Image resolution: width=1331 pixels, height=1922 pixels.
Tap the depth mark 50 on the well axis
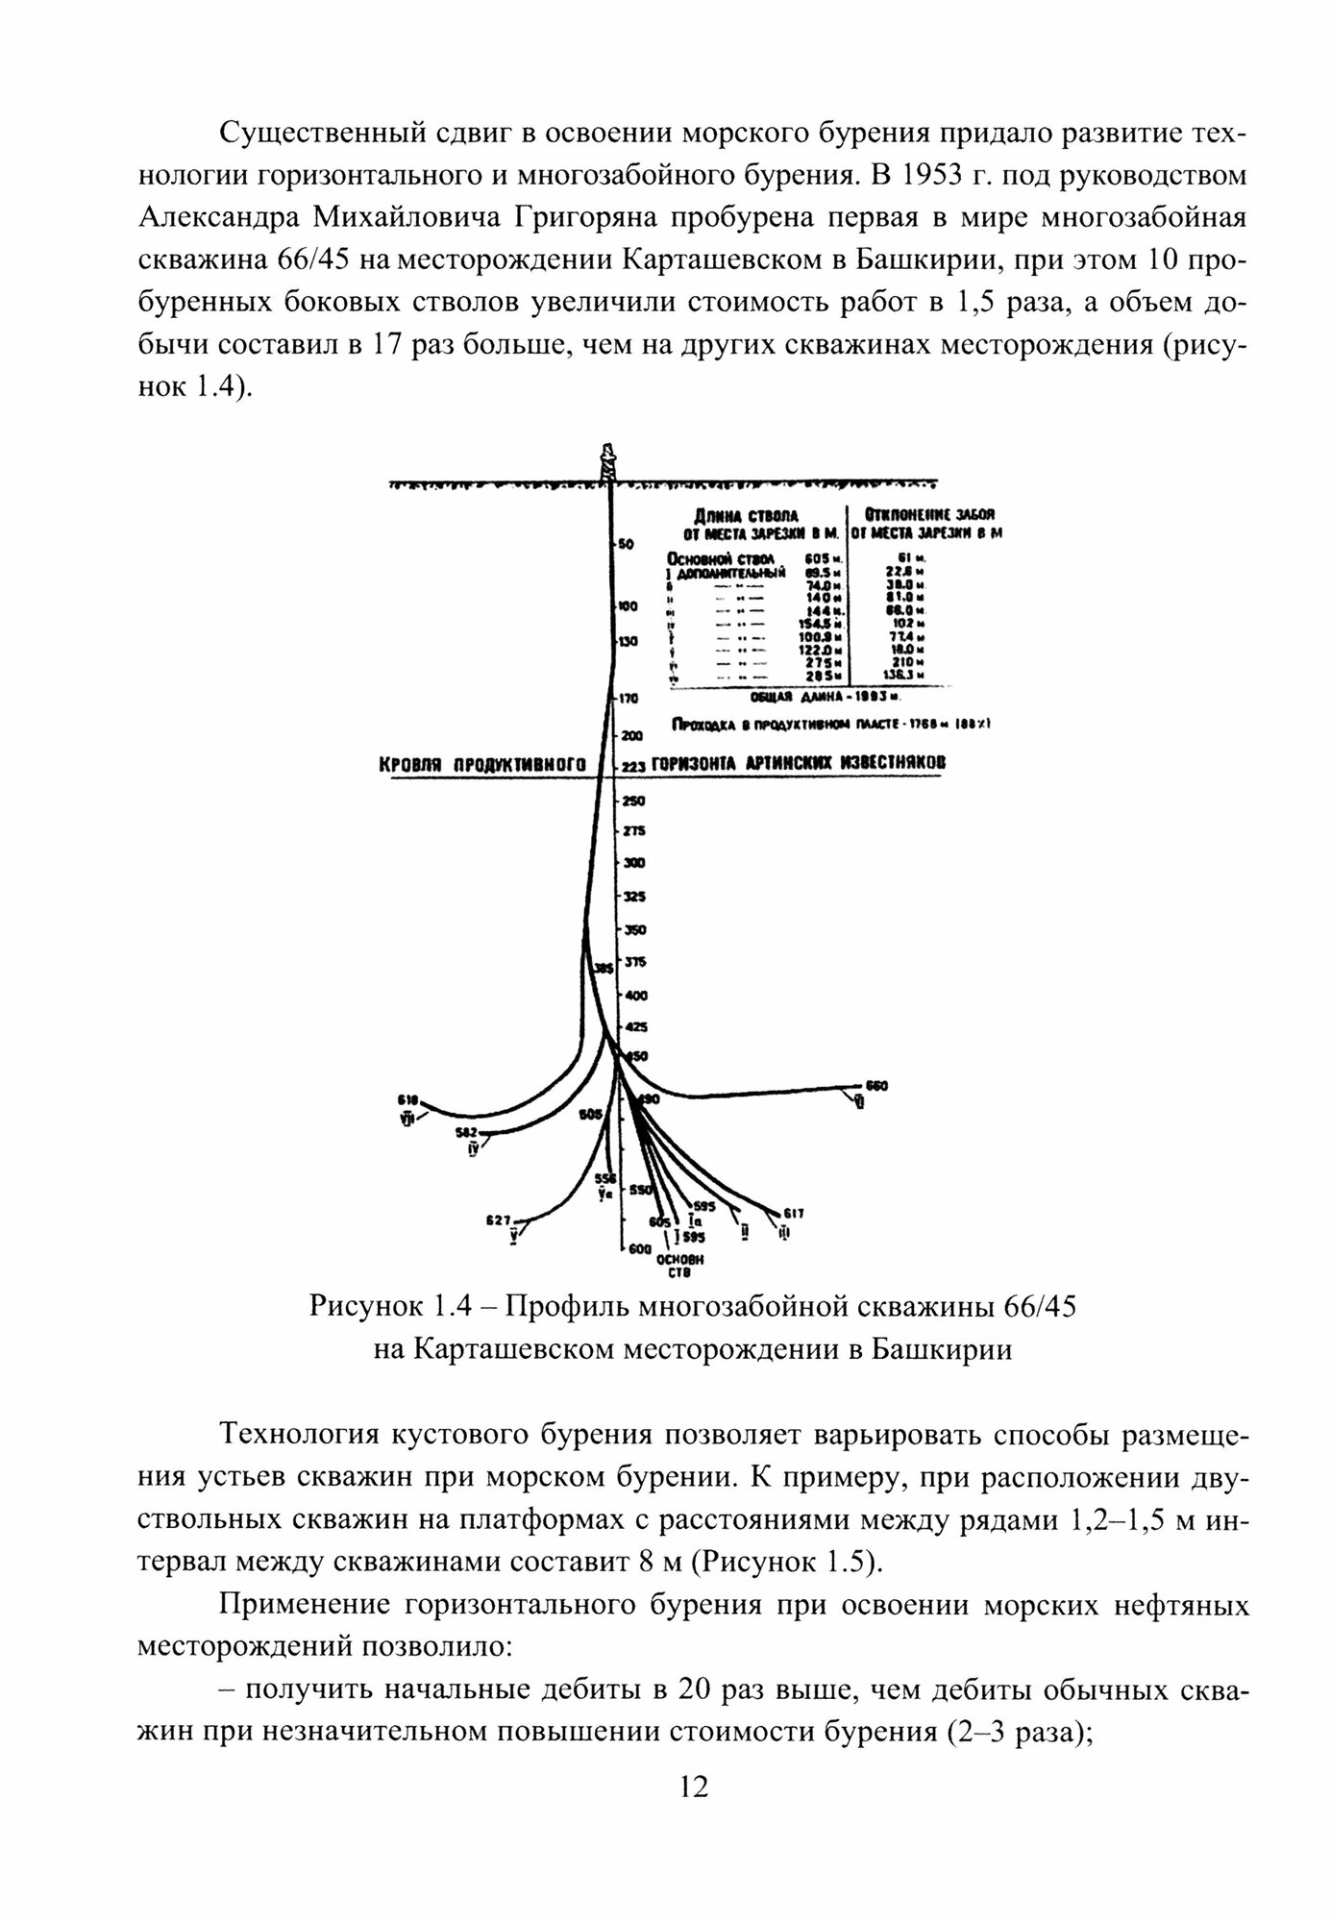tap(626, 544)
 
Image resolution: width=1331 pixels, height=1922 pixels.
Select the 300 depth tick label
tap(633, 864)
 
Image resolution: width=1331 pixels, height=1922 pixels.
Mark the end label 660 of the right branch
tap(876, 1086)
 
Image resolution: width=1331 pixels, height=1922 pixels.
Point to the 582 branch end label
tap(467, 1132)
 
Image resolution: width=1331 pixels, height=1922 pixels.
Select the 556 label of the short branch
tap(604, 1177)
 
